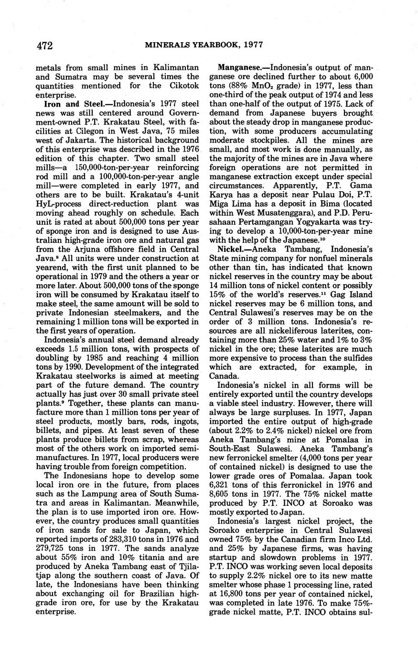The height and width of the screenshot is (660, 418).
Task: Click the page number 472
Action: [x=43, y=46]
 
